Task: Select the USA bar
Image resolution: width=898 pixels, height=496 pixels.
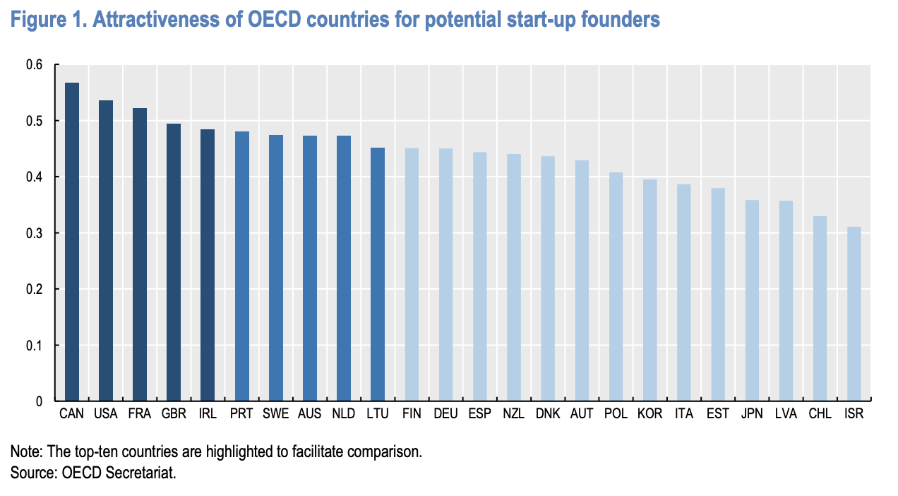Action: [106, 251]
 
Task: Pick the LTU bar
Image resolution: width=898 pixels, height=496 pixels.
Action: [378, 275]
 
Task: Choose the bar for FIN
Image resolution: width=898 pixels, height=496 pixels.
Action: [412, 275]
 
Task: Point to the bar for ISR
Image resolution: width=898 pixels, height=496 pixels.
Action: [854, 314]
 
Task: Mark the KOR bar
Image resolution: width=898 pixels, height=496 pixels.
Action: [649, 290]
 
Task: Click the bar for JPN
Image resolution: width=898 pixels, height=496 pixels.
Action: [752, 301]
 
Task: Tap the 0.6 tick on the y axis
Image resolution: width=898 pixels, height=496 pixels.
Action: [35, 65]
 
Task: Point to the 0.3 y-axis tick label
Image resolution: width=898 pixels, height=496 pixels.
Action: [35, 233]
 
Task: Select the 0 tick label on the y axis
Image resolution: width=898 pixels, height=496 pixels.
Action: [40, 401]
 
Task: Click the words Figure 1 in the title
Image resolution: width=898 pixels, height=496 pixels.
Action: [46, 20]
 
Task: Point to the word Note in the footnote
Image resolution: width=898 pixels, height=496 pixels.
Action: [25, 451]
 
